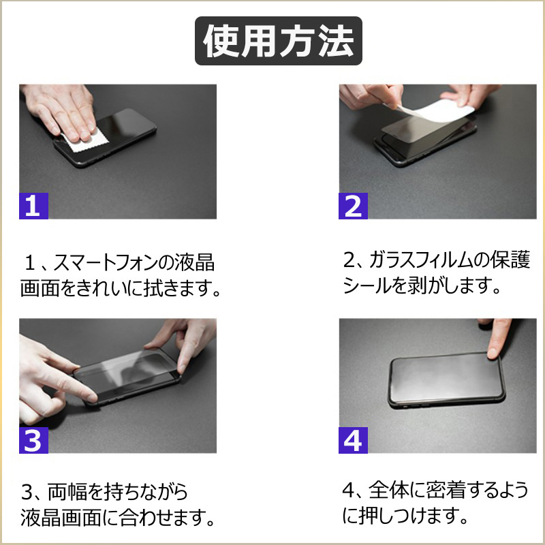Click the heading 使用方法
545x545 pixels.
279,41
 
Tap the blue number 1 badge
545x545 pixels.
33,206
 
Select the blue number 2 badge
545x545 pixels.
353,206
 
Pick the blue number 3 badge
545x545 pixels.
33,440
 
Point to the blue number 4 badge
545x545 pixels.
353,440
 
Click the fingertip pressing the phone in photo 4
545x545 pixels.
493,352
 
